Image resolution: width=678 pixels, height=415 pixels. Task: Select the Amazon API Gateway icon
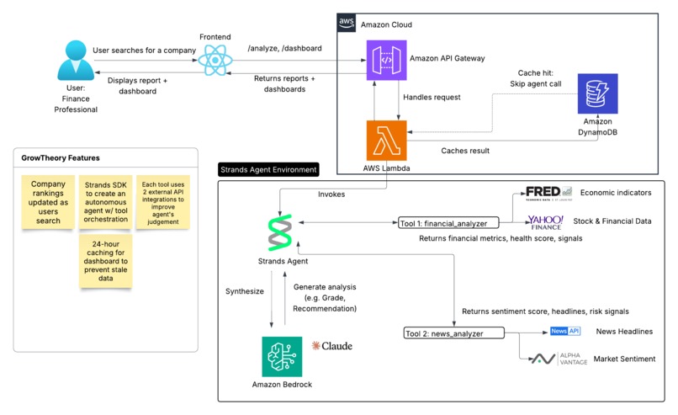pyautogui.click(x=386, y=61)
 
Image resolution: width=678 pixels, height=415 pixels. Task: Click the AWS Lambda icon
pyautogui.click(x=386, y=140)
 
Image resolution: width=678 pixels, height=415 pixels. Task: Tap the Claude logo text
pyautogui.click(x=332, y=346)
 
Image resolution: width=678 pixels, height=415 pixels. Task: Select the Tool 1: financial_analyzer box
pyautogui.click(x=449, y=223)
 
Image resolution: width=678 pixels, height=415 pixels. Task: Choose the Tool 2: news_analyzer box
pyautogui.click(x=453, y=333)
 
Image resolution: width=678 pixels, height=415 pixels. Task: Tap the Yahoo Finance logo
pyautogui.click(x=544, y=221)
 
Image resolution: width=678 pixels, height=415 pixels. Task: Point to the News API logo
pyautogui.click(x=565, y=332)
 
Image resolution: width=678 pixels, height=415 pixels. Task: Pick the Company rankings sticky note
pyautogui.click(x=48, y=200)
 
